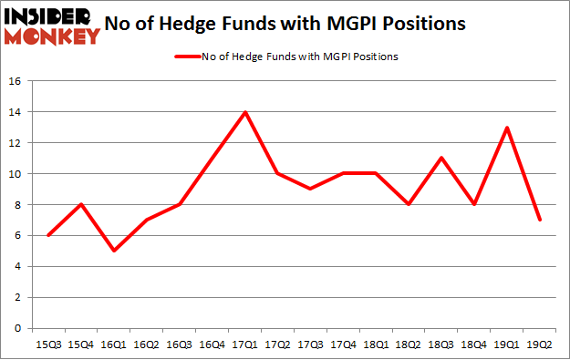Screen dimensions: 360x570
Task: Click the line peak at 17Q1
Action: point(245,112)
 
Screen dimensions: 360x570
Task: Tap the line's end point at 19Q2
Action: point(539,220)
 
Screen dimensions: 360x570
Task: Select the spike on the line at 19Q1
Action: point(506,128)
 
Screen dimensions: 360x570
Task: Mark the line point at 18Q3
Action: point(440,159)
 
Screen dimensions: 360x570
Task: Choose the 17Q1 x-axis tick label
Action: point(245,344)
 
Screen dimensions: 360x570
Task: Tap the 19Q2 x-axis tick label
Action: point(539,344)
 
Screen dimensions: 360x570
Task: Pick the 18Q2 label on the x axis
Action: point(409,344)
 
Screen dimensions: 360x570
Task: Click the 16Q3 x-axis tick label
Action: point(180,344)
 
